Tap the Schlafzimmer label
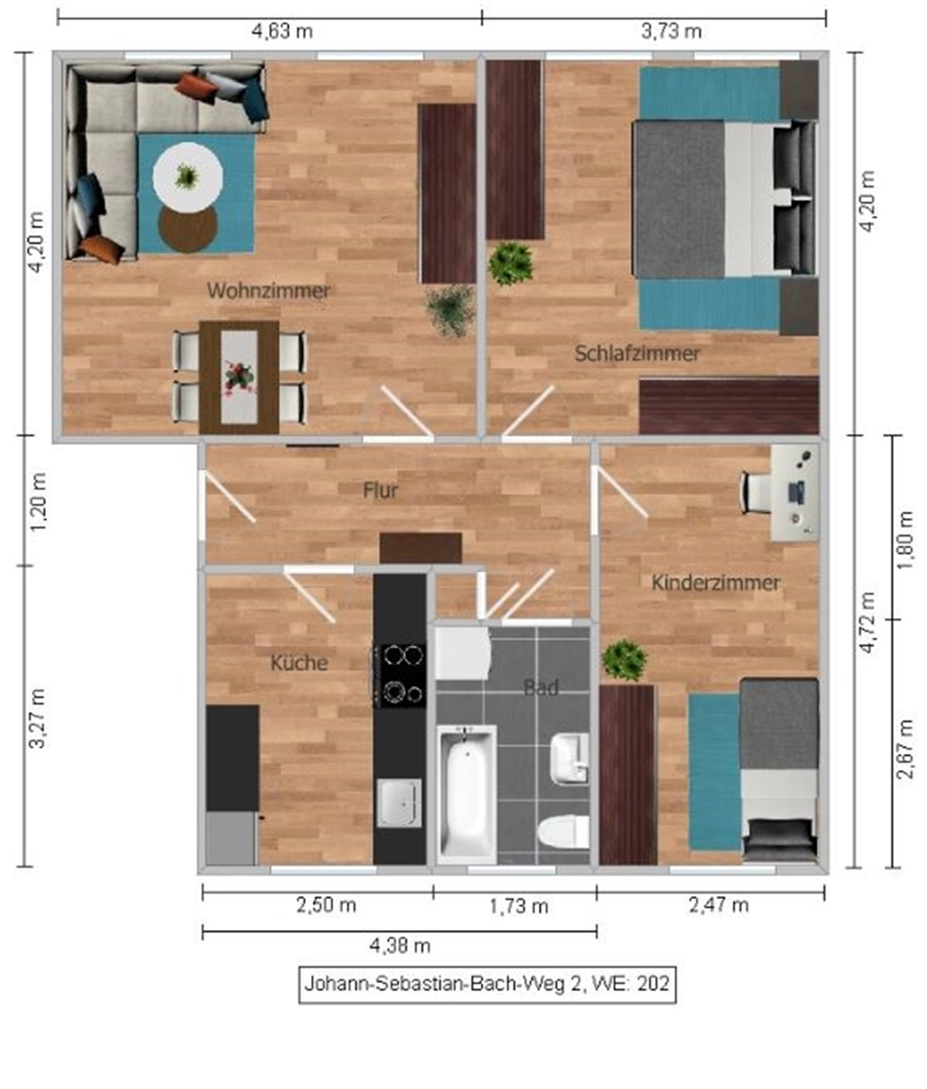(637, 353)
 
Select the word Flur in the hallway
(381, 490)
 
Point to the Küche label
(299, 663)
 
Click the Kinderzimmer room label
(715, 582)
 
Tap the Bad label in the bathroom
(541, 687)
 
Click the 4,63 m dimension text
(282, 31)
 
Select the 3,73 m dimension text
(671, 31)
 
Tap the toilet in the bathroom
(564, 832)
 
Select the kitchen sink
(399, 803)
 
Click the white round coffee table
(188, 177)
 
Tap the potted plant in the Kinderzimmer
(624, 660)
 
